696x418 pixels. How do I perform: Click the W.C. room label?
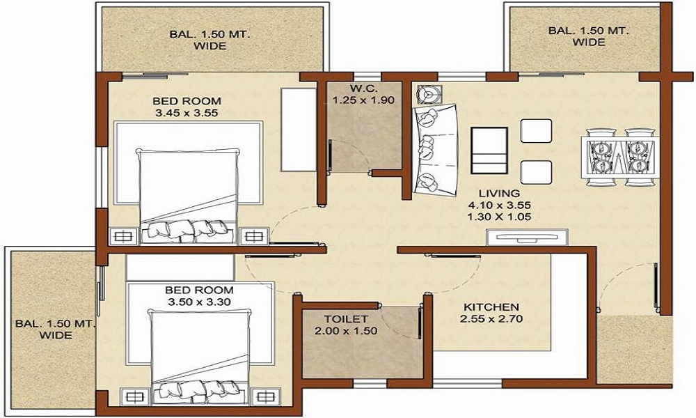pos(363,88)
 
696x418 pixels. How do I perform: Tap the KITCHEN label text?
pos(491,307)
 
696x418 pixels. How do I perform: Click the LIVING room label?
pos(499,193)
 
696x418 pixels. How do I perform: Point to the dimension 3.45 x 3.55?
pos(187,113)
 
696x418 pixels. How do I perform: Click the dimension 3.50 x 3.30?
pos(199,302)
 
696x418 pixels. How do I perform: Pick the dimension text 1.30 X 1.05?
pos(499,217)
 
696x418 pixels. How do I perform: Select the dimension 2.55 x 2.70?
pos(491,318)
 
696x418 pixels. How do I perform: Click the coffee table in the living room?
pos(489,150)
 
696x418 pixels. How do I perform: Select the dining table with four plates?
pos(620,157)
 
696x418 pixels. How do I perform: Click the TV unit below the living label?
pos(527,237)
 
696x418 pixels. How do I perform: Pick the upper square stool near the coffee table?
pos(536,130)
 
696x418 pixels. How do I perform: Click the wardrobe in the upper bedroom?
pos(299,130)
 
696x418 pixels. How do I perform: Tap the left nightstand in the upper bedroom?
pos(123,236)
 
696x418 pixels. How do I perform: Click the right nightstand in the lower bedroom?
pos(265,396)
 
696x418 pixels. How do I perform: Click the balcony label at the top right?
pos(589,36)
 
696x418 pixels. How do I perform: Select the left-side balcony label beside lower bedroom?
pos(56,329)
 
